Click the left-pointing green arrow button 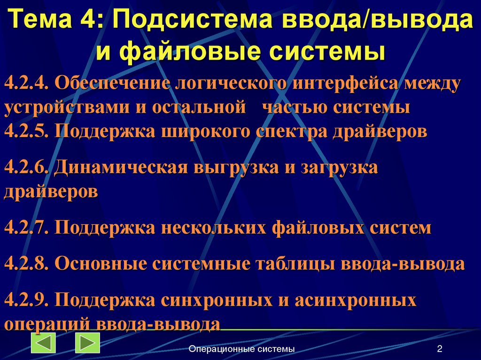point(43,343)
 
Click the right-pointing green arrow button point(87,343)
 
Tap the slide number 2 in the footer point(440,349)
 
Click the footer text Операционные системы point(241,349)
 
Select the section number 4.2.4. point(27,84)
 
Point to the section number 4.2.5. point(27,130)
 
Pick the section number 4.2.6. point(27,167)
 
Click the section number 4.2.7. point(27,228)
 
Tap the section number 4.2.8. point(27,263)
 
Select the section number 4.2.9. point(27,299)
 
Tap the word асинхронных point(356,299)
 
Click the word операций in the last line point(47,324)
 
